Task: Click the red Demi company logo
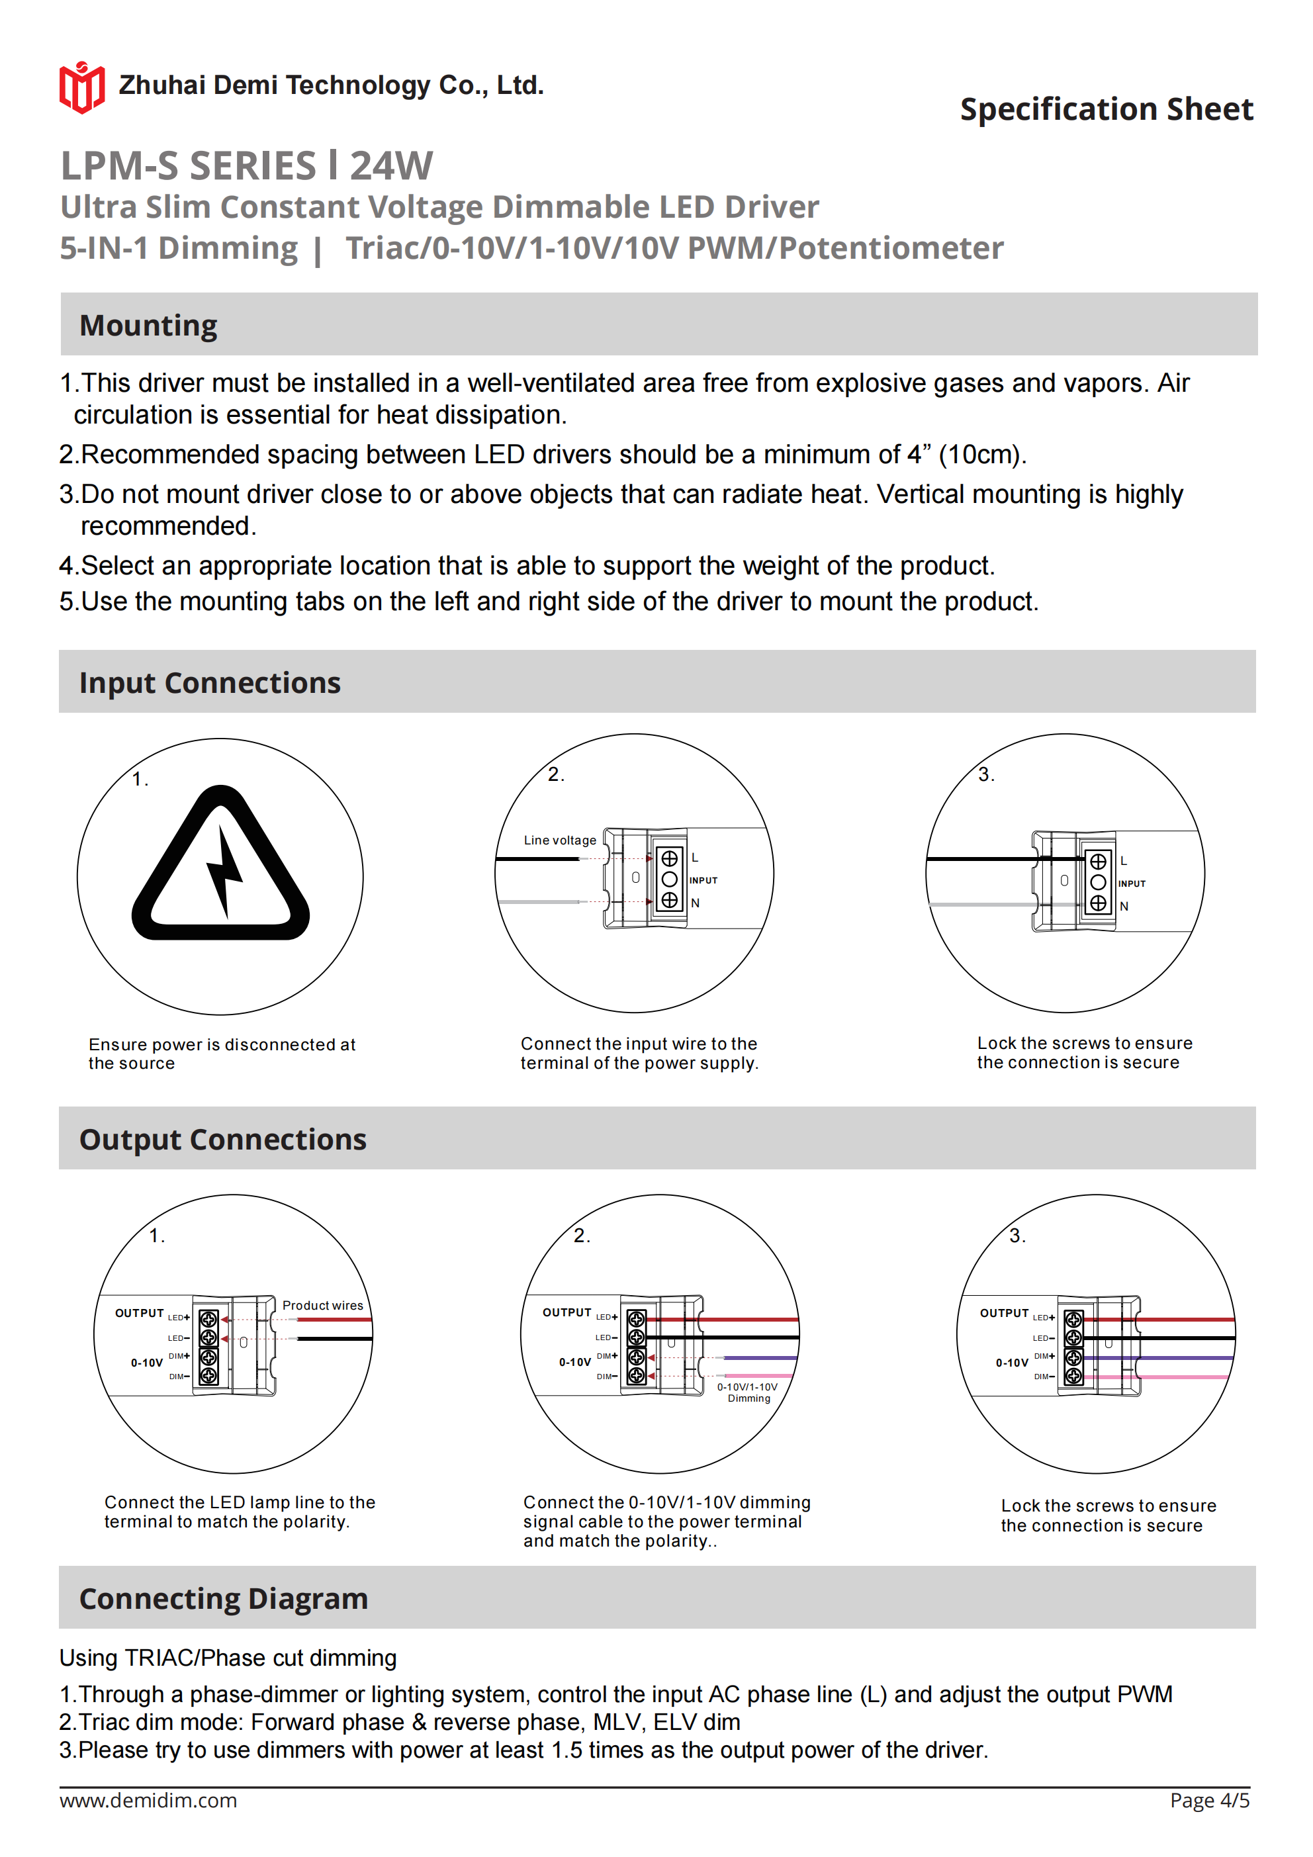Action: tap(81, 87)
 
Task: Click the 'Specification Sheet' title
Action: tap(1106, 109)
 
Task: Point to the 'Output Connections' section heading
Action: tap(222, 1139)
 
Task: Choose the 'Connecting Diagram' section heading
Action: tap(223, 1598)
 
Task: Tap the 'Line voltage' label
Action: tap(560, 840)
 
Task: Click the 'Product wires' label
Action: tap(323, 1306)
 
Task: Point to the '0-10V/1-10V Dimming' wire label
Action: tap(748, 1392)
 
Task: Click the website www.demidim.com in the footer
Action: tap(148, 1800)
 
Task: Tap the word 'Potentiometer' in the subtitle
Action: tap(891, 248)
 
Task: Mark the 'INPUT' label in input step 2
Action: tap(703, 880)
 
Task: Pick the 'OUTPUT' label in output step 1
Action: tap(139, 1313)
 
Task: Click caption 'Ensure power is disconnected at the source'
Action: tap(222, 1053)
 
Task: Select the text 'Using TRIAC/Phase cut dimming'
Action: tap(228, 1658)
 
